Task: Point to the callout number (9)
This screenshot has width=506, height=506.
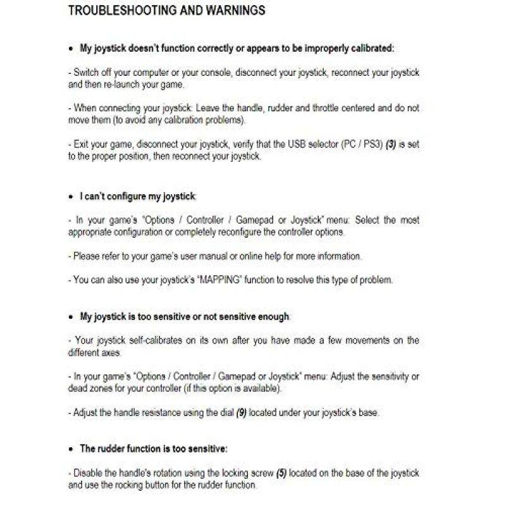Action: (x=241, y=412)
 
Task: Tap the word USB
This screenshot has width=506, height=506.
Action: (x=289, y=144)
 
